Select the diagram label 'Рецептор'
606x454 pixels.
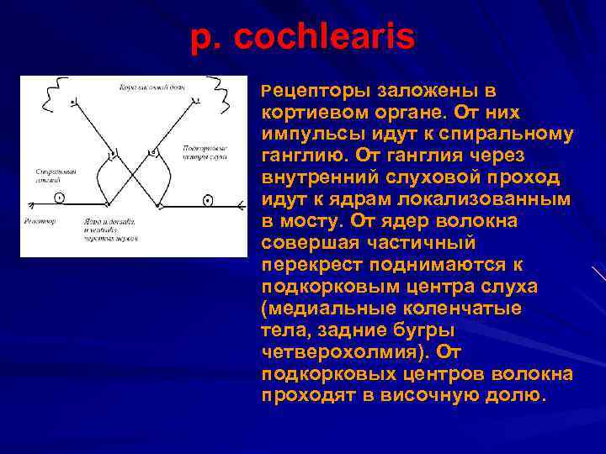tap(40, 221)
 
